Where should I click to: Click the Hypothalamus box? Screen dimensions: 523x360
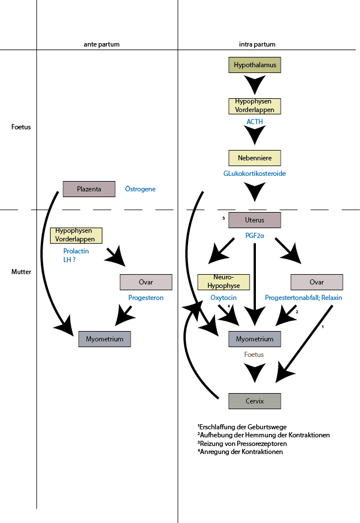[x=255, y=65]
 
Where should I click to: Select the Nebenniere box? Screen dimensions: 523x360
[x=255, y=157]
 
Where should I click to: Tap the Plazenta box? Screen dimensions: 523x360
[x=89, y=189]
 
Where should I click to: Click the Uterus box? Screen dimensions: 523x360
[x=255, y=220]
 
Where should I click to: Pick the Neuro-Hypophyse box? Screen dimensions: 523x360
[x=224, y=282]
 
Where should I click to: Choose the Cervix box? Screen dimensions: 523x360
[x=255, y=401]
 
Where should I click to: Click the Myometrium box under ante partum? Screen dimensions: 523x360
[x=105, y=339]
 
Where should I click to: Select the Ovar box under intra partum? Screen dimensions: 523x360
[x=316, y=282]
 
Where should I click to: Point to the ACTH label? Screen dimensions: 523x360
[x=255, y=122]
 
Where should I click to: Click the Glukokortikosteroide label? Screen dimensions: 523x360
[x=255, y=173]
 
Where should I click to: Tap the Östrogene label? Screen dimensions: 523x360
[x=140, y=189]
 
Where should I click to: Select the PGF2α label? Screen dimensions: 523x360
[x=255, y=235]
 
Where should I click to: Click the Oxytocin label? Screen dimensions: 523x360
[x=224, y=298]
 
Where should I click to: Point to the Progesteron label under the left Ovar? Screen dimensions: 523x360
[x=146, y=298]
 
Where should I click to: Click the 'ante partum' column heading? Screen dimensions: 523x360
[x=101, y=44]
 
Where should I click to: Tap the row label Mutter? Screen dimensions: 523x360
[x=21, y=271]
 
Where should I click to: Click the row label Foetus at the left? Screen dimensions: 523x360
[x=21, y=126]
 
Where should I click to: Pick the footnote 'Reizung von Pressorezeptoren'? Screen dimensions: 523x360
[x=243, y=444]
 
